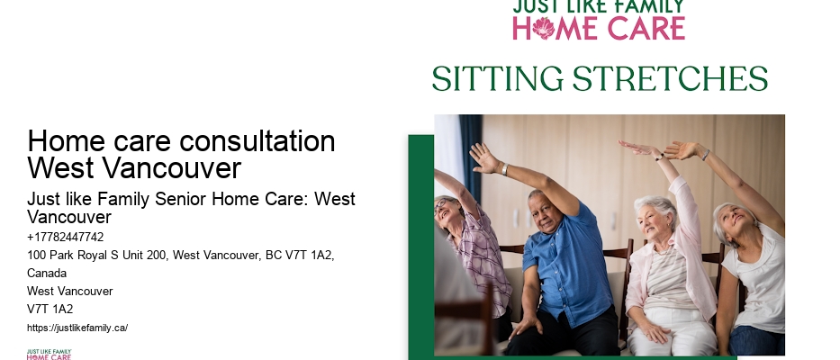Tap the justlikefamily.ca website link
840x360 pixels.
pos(77,328)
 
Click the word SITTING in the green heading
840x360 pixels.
pos(499,79)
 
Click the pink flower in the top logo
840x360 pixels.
pos(544,28)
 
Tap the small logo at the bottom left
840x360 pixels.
pos(49,354)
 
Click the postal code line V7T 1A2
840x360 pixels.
pos(50,309)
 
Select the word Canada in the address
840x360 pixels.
pos(48,273)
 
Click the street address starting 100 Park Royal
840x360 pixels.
pos(180,256)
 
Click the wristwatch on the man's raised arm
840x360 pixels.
pos(504,168)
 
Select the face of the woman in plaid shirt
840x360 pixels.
pos(448,212)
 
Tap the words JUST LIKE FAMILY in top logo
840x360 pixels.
pos(598,7)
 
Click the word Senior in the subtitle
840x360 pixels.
pos(171,199)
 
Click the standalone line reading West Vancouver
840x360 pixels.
pos(70,291)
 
